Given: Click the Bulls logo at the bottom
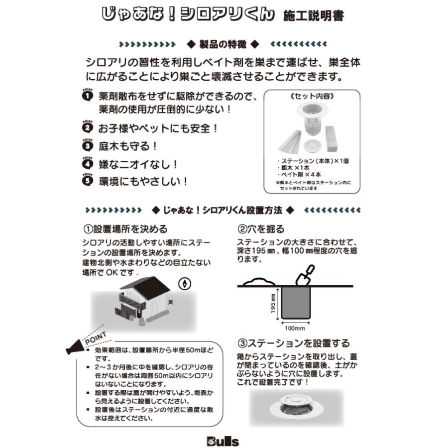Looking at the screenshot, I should coord(223,441).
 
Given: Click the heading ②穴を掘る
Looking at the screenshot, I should coord(261,229).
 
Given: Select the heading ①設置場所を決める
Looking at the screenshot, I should coord(125,229).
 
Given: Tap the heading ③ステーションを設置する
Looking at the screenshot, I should coord(293,343).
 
